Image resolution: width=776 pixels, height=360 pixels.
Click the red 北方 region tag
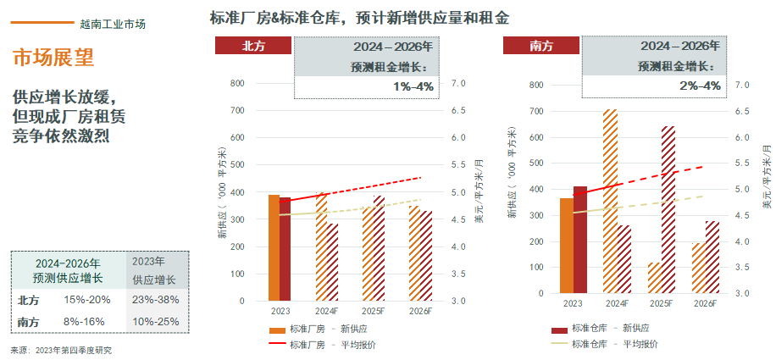[254, 47]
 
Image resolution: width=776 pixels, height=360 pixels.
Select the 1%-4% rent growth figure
[413, 86]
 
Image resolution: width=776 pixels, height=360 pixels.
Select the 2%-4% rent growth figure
[700, 86]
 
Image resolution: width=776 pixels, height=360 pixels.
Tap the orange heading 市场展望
[53, 58]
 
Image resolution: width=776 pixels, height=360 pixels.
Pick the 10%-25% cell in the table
[156, 322]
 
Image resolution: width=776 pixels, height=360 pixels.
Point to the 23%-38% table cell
[156, 299]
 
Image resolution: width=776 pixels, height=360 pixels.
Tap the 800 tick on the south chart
[535, 85]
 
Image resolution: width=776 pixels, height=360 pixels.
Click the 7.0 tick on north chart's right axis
[459, 83]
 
